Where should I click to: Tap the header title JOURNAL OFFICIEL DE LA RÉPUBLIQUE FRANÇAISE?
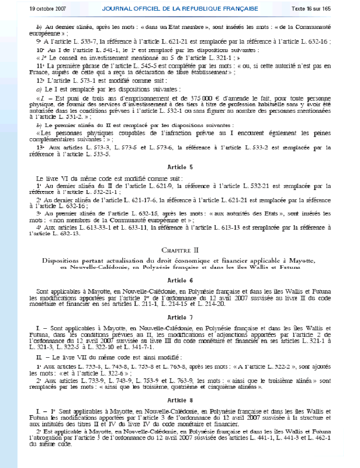(181, 9)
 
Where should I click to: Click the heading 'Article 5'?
(180, 167)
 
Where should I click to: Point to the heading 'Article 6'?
(180, 280)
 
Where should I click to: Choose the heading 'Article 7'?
(180, 318)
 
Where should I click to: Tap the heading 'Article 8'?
(180, 400)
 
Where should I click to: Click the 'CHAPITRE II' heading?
(180, 251)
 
